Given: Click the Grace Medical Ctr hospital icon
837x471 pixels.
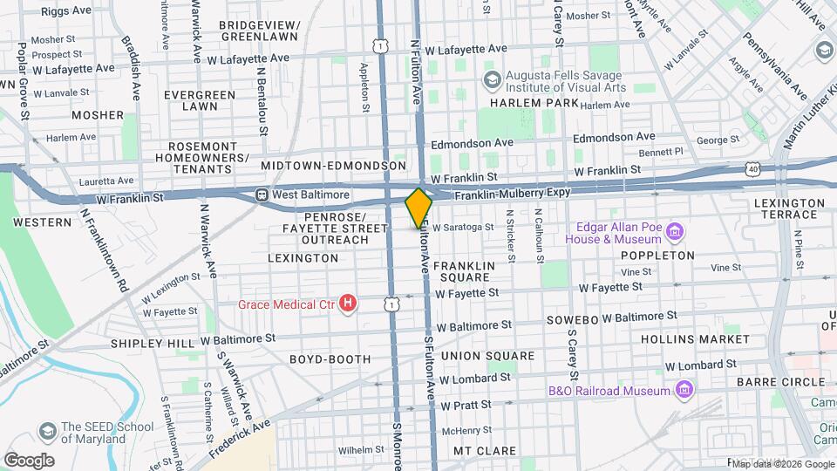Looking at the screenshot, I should click(x=348, y=304).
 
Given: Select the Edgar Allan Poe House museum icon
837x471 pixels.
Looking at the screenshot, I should click(x=674, y=232).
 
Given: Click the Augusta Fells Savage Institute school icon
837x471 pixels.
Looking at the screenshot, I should click(x=492, y=81).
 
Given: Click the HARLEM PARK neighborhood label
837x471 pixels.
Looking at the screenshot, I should click(x=534, y=103).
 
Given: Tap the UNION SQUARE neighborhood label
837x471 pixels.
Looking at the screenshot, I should click(x=487, y=356).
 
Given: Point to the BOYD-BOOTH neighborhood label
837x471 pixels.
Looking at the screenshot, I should click(x=330, y=358).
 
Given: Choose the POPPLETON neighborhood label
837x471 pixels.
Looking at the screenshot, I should click(x=657, y=256).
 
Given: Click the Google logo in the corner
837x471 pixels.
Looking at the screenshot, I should click(x=29, y=460).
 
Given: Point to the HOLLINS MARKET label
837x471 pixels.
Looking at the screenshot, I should click(x=695, y=338).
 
